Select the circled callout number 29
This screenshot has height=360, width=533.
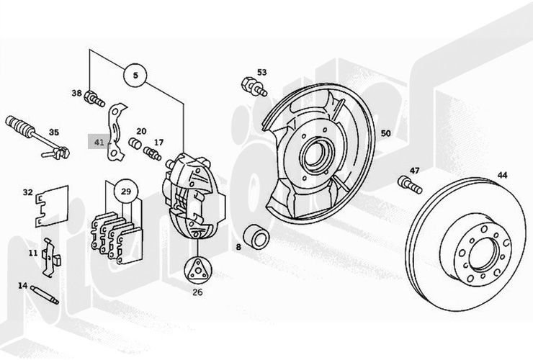coord(125,192)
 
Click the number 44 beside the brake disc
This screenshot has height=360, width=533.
coord(502,175)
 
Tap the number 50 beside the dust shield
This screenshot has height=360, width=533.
coord(386,133)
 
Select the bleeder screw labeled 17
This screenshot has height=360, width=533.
coord(152,153)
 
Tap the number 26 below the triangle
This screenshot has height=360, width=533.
coord(197,292)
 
